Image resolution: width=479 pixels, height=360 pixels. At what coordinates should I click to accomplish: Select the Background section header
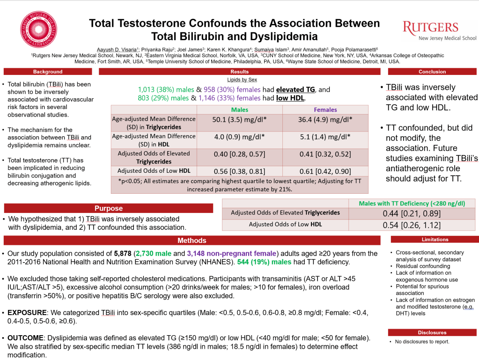(x=48, y=72)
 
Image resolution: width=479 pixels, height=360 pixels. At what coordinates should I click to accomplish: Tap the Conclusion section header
(x=432, y=72)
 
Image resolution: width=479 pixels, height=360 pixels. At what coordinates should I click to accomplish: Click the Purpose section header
(x=109, y=208)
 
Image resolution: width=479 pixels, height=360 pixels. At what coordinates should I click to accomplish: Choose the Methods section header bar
(x=192, y=241)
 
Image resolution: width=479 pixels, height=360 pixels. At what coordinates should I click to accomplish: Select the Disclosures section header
(x=432, y=332)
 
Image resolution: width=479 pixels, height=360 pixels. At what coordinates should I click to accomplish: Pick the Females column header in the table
(x=325, y=110)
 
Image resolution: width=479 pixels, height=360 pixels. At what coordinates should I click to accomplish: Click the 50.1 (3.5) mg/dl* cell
(x=239, y=119)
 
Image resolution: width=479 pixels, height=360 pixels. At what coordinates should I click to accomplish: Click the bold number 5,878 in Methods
(x=124, y=253)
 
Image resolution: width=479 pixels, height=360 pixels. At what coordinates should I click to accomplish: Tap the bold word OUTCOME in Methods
(x=25, y=338)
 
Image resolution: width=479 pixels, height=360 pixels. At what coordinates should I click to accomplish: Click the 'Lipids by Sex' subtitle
(x=240, y=80)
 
